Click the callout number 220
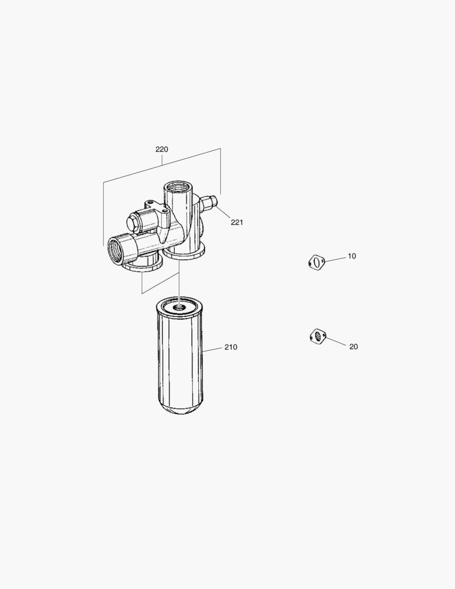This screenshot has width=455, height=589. tap(161, 149)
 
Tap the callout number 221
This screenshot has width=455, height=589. tap(236, 222)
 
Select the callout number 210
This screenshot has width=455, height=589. tap(230, 347)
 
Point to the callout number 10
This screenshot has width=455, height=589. tap(352, 256)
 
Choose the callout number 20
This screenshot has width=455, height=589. tap(354, 346)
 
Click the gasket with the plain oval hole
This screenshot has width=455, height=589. tap(316, 263)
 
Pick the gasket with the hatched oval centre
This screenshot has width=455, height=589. tap(318, 336)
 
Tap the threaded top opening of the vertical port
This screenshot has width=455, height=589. tap(177, 189)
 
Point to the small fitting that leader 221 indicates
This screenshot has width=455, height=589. tap(208, 204)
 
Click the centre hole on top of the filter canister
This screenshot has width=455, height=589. tap(179, 308)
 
